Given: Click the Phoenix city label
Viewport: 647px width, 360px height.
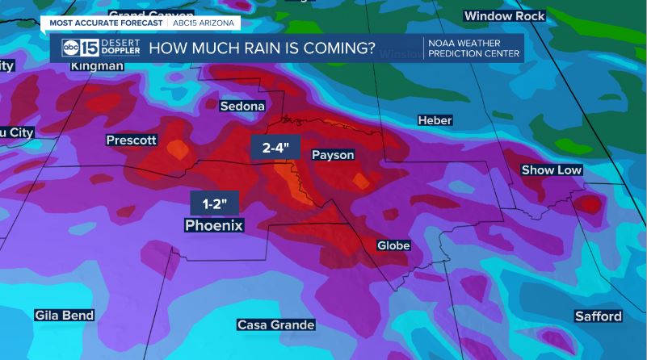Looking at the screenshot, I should [x=214, y=225].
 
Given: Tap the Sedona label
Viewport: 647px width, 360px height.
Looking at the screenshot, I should [x=242, y=106].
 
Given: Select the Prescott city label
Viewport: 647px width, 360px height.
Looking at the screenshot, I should [x=132, y=140].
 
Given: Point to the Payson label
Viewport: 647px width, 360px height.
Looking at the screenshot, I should [x=333, y=155].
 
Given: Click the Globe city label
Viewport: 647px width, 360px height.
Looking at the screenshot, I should [x=394, y=245].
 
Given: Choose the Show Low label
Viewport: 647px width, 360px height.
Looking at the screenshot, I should [x=552, y=170].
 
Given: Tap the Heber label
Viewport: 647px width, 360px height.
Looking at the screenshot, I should [x=435, y=120].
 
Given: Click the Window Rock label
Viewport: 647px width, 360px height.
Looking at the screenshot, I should [x=504, y=16].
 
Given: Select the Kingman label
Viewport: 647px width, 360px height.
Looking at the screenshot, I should [x=97, y=65].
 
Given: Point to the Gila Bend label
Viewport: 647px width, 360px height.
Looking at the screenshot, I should [x=65, y=315].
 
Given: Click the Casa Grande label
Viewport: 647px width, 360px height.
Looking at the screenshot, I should [x=275, y=324].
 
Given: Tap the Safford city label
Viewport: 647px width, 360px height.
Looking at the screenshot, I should [x=599, y=316].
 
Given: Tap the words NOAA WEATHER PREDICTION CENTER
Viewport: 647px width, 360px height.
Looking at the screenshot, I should [x=473, y=48].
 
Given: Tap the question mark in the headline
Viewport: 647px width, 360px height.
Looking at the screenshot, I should [x=370, y=48].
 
